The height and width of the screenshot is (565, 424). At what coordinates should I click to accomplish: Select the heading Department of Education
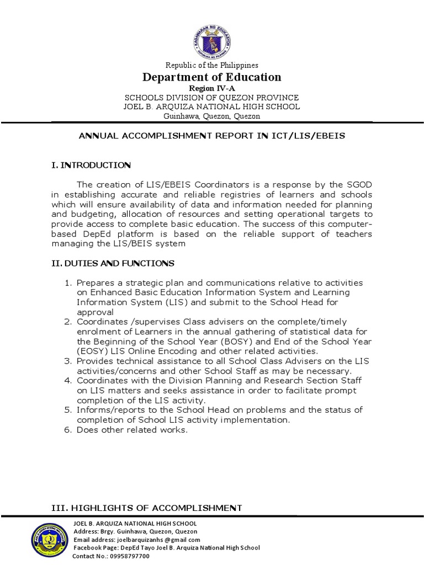pos(212,77)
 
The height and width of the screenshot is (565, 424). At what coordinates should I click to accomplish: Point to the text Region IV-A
pos(212,88)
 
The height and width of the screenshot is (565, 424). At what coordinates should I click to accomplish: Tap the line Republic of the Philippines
pos(212,65)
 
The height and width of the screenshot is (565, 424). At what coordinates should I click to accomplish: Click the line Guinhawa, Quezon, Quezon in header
pos(212,116)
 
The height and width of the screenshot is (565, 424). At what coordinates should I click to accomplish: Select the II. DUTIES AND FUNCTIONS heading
pos(113,263)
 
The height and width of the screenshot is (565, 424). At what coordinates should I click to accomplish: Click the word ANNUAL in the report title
pos(99,136)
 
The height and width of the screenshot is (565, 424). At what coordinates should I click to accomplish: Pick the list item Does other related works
pos(132,430)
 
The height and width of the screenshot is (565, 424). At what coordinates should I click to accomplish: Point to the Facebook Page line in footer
pos(166,547)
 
